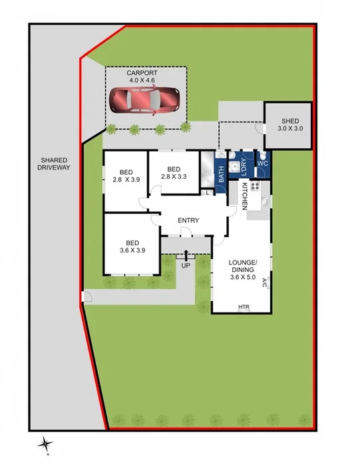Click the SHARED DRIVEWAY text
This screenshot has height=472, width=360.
(x=54, y=164)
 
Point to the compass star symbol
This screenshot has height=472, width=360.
(x=45, y=443)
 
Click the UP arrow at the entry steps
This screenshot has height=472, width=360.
(x=186, y=256)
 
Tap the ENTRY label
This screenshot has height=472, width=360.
(x=188, y=221)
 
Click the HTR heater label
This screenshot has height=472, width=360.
(x=244, y=307)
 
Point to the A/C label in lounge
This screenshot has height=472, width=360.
(x=264, y=282)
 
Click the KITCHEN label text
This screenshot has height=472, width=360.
(x=244, y=196)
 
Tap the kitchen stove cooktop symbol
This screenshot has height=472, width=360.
(x=254, y=186)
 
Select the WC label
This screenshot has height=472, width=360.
(x=262, y=163)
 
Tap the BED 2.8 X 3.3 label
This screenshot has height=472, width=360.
(x=174, y=173)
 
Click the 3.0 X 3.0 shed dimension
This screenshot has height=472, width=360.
(x=289, y=128)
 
